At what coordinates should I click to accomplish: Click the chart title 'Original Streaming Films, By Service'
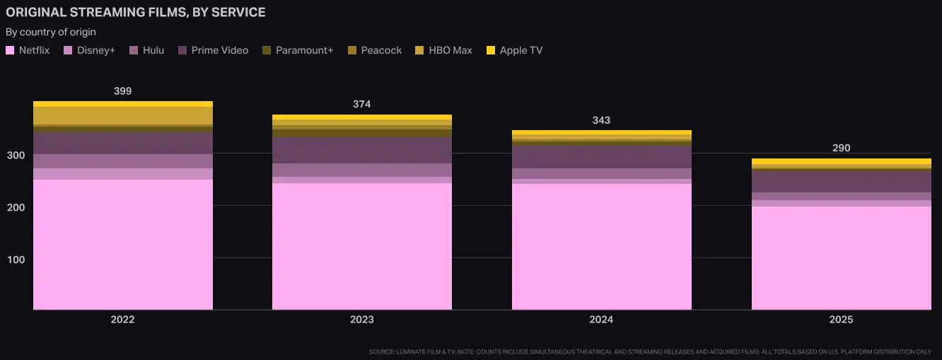(136, 13)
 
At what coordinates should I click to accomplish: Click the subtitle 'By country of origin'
(51, 32)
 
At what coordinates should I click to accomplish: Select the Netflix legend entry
(28, 50)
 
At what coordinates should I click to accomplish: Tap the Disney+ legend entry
(90, 50)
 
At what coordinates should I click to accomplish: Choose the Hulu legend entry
(147, 50)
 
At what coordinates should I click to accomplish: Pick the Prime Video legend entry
(213, 50)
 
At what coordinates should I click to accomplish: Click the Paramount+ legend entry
(297, 50)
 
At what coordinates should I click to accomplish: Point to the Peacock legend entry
(375, 50)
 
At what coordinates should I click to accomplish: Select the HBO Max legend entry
(444, 50)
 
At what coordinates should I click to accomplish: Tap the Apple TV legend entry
(514, 50)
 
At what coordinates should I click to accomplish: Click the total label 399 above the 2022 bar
(122, 91)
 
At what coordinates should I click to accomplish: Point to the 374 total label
(361, 105)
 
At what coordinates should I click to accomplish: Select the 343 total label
(601, 120)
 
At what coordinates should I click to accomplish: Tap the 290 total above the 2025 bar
(841, 149)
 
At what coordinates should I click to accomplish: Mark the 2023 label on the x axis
(361, 320)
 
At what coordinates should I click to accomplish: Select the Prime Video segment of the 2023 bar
(361, 150)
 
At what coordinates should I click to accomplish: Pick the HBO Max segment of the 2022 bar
(122, 115)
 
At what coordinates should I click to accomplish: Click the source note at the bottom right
(650, 352)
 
